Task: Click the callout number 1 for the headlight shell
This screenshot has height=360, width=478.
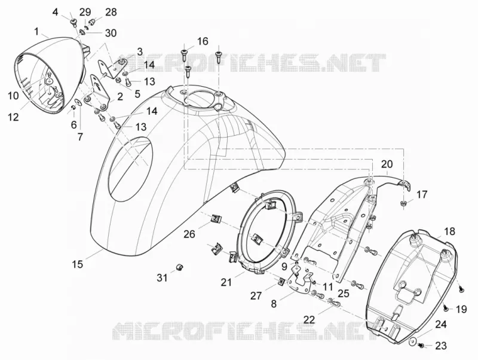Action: tap(36, 32)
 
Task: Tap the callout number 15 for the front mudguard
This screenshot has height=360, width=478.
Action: tap(78, 264)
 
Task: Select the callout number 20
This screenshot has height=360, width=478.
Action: tap(387, 164)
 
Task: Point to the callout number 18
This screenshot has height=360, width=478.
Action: tap(450, 231)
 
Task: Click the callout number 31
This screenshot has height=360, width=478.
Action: tap(162, 277)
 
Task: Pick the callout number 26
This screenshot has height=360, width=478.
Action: tap(189, 234)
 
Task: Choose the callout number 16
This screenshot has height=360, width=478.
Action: tap(203, 41)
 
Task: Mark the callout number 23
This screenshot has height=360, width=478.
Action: tap(441, 346)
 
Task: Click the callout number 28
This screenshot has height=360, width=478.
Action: tap(111, 12)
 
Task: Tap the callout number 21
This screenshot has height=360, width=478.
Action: tap(226, 282)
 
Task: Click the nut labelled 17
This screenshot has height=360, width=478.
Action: tap(403, 203)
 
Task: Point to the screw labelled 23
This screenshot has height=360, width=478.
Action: tap(421, 346)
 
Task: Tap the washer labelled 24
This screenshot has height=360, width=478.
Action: tap(412, 341)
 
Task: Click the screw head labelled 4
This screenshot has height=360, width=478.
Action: tap(73, 22)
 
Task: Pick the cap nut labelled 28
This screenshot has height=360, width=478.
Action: tap(91, 22)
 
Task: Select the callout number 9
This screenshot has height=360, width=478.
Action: tap(284, 267)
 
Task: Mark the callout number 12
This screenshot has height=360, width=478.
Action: tap(13, 117)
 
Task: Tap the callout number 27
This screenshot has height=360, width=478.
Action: tap(256, 295)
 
